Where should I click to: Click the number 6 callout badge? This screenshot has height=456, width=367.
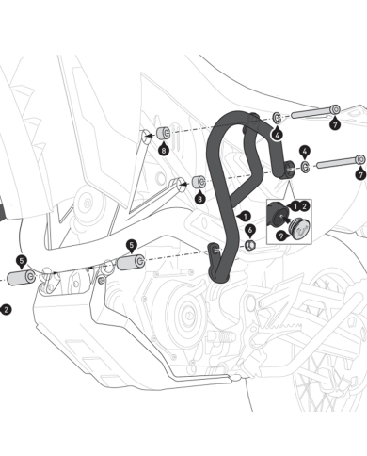(x=250, y=231)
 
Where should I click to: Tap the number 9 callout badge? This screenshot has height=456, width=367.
(x=281, y=236)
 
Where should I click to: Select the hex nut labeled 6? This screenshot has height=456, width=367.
(x=249, y=245)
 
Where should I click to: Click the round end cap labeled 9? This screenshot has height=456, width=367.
(x=299, y=228)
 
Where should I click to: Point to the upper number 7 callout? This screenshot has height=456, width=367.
(x=335, y=124)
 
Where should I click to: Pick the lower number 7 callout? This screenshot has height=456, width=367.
(x=361, y=174)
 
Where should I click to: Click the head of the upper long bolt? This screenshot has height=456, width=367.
(x=335, y=109)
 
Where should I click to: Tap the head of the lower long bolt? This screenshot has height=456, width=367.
(x=361, y=159)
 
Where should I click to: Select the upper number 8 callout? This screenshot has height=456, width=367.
(x=164, y=150)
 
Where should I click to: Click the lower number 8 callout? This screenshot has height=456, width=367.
(x=199, y=198)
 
